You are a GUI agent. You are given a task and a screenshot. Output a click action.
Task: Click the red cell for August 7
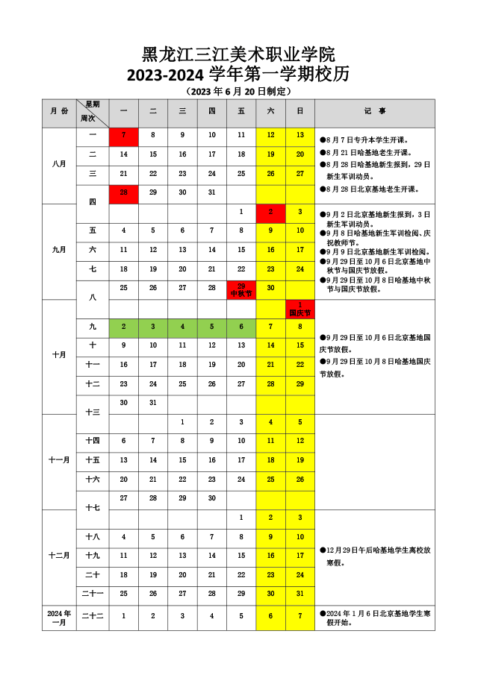pyautogui.click(x=123, y=136)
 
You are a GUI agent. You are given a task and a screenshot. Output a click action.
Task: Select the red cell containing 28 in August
pyautogui.click(x=123, y=193)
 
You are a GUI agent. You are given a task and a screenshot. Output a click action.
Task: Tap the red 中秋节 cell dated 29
pyautogui.click(x=241, y=290)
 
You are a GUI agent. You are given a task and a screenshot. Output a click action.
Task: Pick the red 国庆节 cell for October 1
pyautogui.click(x=299, y=309)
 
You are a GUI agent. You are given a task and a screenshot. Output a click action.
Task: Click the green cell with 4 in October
pyautogui.click(x=182, y=327)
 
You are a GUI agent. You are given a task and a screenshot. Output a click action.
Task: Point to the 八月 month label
pyautogui.click(x=59, y=165)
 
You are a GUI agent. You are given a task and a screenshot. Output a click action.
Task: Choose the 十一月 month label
pyautogui.click(x=59, y=460)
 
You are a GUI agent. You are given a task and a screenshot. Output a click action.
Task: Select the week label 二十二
pyautogui.click(x=93, y=617)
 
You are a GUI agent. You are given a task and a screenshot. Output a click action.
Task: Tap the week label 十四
pyautogui.click(x=93, y=442)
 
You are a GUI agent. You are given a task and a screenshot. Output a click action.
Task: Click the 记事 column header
pyautogui.click(x=375, y=111)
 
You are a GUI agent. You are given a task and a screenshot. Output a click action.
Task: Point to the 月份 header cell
pyautogui.click(x=59, y=111)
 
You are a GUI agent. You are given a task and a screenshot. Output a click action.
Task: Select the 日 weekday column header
pyautogui.click(x=299, y=111)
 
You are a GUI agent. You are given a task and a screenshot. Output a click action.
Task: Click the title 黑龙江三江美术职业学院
pyautogui.click(x=238, y=54)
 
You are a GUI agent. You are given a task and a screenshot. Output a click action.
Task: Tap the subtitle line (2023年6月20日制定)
pyautogui.click(x=238, y=91)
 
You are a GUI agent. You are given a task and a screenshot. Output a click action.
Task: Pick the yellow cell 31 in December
pyautogui.click(x=299, y=594)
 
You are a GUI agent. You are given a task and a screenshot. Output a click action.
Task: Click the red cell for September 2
pyautogui.click(x=270, y=213)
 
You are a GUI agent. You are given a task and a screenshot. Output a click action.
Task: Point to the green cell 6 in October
pyautogui.click(x=241, y=327)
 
